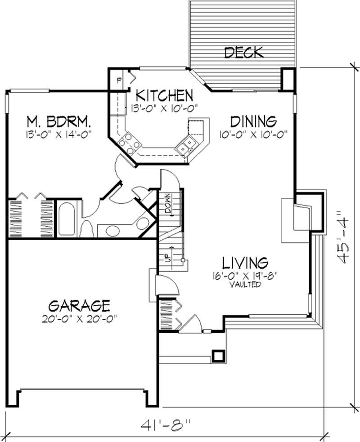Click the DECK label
243,53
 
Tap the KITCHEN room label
165,95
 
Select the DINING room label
253,121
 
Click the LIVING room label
246,262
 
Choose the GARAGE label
79,306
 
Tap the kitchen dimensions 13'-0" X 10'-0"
165,108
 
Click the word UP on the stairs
166,257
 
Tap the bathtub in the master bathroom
67,219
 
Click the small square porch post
219,355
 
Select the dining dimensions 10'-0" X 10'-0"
253,134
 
